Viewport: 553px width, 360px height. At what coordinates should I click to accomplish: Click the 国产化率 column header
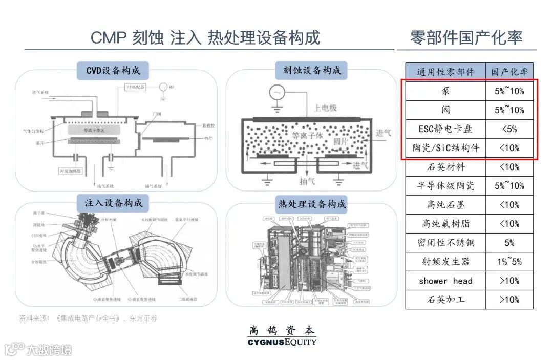(x=509, y=72)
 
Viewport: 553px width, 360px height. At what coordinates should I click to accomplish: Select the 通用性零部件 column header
(x=445, y=72)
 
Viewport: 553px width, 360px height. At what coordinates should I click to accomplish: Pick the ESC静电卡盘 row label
(x=445, y=129)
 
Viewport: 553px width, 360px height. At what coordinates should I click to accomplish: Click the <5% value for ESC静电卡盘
(x=509, y=129)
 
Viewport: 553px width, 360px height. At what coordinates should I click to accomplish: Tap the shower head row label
(x=445, y=281)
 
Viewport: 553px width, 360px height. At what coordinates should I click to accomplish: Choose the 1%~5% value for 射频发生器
(x=509, y=262)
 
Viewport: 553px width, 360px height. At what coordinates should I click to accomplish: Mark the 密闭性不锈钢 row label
(x=445, y=243)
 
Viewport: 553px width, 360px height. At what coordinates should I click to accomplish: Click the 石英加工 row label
(x=445, y=300)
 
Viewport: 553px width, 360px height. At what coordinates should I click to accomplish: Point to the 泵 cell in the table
(x=445, y=91)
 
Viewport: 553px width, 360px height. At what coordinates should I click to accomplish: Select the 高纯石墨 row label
(x=445, y=205)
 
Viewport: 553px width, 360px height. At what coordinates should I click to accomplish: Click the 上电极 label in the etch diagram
(x=325, y=108)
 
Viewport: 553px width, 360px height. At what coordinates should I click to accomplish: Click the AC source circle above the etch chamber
(x=278, y=93)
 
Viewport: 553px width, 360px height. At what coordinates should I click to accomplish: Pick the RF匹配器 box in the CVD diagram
(x=138, y=87)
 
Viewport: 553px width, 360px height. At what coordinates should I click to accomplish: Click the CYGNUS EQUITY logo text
(x=282, y=342)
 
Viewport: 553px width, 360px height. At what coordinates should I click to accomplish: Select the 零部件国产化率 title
(x=466, y=37)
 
